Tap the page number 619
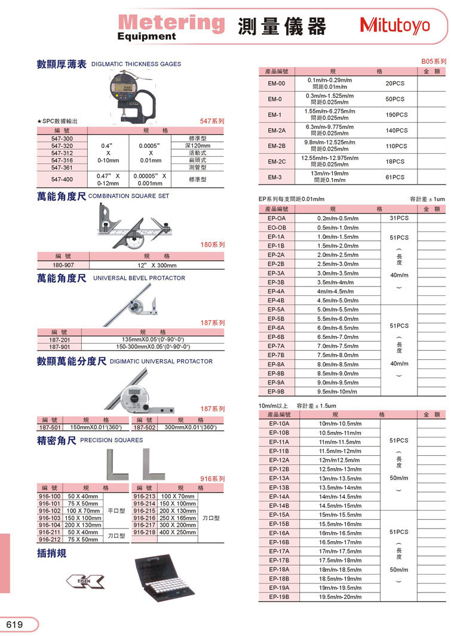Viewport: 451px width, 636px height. (x=15, y=624)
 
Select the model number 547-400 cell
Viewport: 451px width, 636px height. (x=62, y=179)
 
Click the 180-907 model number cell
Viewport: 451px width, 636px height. (x=62, y=265)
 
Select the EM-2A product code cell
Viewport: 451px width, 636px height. (x=277, y=130)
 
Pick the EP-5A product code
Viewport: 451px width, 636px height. (x=277, y=310)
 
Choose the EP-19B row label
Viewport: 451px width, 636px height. (x=279, y=596)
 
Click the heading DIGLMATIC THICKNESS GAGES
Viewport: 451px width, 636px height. (x=136, y=64)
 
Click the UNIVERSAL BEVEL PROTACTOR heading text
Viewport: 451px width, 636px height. (x=139, y=278)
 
